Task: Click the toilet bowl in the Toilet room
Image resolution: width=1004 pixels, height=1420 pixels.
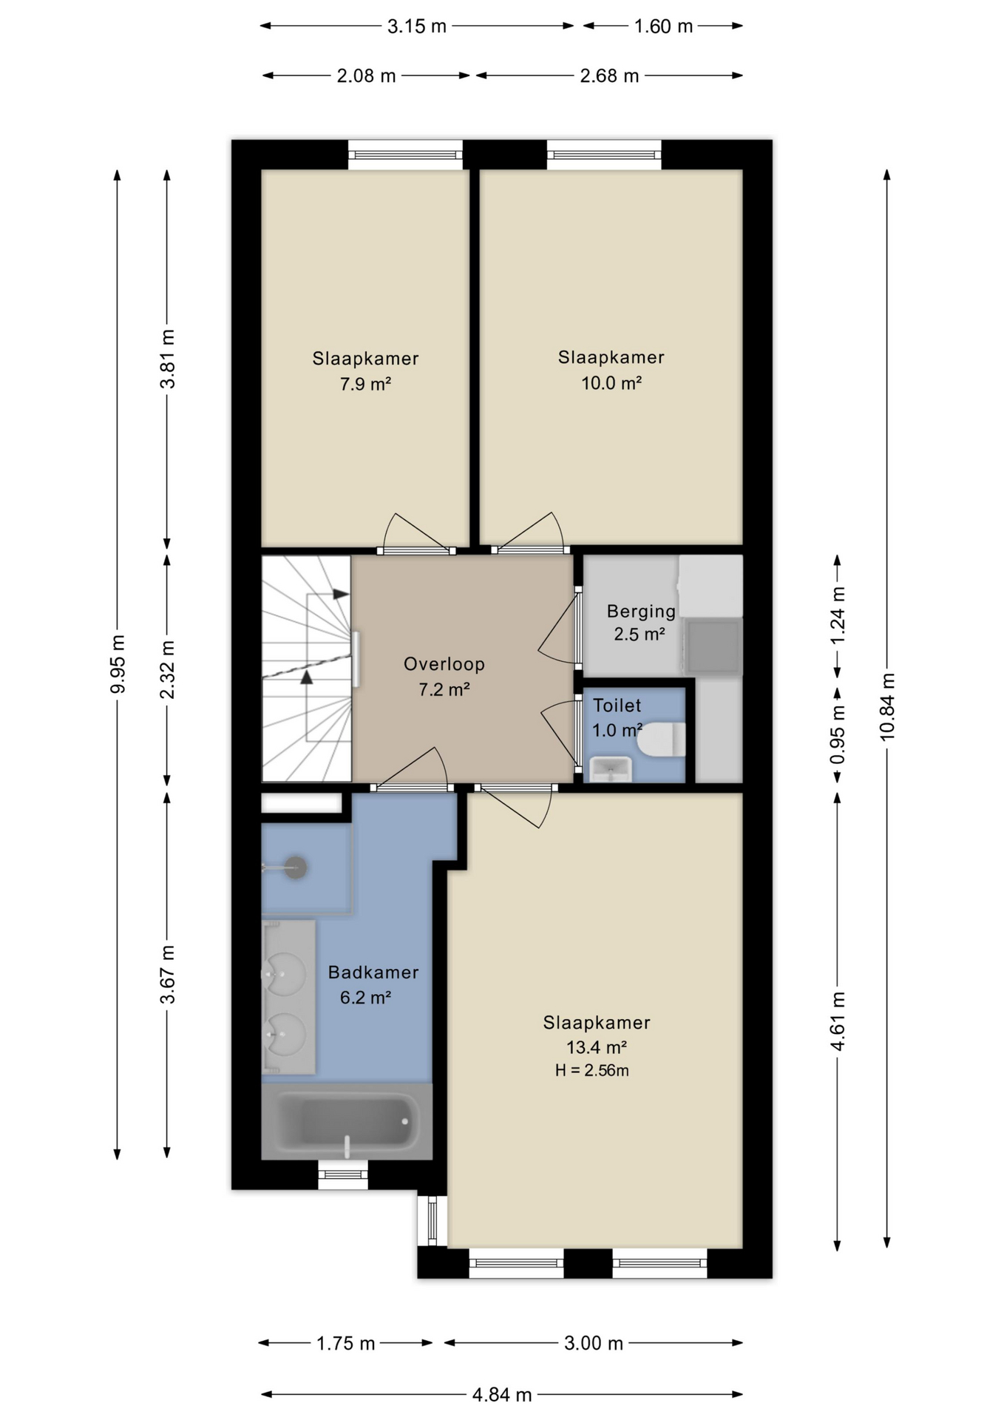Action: (662, 740)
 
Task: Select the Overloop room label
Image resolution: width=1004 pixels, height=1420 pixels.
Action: (444, 664)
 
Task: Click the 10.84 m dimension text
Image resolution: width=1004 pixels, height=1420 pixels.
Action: (887, 707)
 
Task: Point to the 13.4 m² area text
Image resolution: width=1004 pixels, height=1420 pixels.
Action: (597, 1047)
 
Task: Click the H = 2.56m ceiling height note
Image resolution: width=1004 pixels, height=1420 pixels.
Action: (592, 1070)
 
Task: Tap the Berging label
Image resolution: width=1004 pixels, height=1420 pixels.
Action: (641, 612)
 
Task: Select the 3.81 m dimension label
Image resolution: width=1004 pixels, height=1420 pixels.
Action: (168, 359)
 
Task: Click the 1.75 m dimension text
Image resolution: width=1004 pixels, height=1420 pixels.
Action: (346, 1343)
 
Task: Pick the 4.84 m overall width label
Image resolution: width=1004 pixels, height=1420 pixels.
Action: (502, 1395)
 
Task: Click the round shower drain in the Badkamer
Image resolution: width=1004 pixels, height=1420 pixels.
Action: (296, 867)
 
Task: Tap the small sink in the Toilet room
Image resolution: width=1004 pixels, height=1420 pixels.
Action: (611, 769)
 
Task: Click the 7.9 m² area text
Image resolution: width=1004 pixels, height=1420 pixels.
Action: (365, 385)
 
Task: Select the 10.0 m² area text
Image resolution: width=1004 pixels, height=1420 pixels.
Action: (611, 383)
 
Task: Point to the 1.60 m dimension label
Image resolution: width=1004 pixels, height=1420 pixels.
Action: (663, 27)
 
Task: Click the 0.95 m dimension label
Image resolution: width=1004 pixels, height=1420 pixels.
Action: (838, 734)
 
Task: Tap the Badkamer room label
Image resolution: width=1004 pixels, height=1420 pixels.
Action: (373, 973)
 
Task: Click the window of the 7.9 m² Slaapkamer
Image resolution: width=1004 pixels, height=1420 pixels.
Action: (405, 155)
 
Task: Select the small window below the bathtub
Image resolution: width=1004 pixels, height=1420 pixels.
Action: (343, 1174)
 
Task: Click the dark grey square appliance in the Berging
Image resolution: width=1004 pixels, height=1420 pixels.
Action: (713, 646)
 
